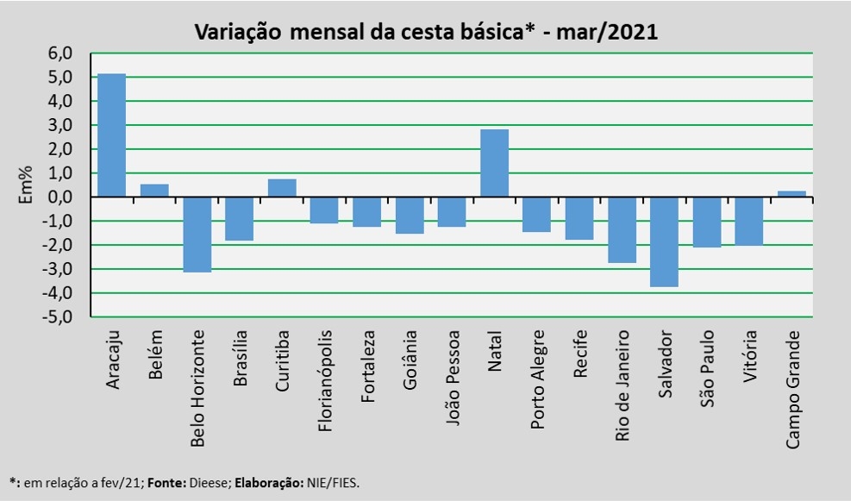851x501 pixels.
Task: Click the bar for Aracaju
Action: point(112,135)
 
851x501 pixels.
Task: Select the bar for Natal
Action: point(495,163)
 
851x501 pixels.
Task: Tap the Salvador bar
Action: point(664,242)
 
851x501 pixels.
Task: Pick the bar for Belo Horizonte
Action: point(197,235)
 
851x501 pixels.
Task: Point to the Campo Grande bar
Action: point(792,194)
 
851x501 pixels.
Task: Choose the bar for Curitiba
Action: point(282,188)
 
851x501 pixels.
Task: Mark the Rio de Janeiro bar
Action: point(622,230)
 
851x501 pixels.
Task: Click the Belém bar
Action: point(154,191)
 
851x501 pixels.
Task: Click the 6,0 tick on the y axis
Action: point(60,53)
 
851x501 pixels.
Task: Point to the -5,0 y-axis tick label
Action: point(57,316)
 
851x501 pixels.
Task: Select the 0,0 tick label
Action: point(60,197)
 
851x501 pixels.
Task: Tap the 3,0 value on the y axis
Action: point(60,125)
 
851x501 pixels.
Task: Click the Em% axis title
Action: point(26,185)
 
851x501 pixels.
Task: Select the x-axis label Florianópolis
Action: point(324,381)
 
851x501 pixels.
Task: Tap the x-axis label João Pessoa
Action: point(452,378)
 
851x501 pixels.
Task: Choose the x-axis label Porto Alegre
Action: point(537,379)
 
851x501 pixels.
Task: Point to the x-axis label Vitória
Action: point(749,356)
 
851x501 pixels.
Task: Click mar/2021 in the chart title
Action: point(607,32)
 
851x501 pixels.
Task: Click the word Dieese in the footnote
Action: point(210,483)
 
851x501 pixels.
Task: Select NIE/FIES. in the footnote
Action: point(333,483)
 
